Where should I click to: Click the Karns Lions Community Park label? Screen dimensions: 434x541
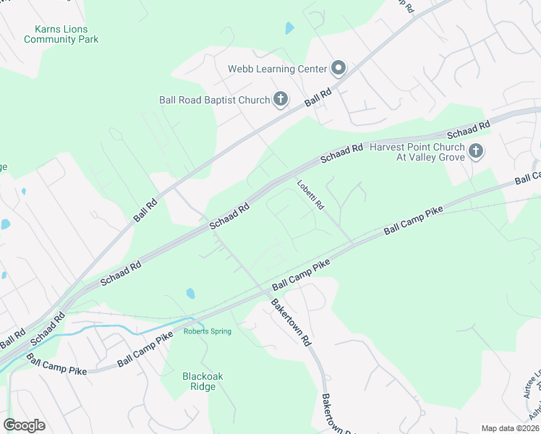click(61, 34)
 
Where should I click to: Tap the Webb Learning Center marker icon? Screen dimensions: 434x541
click(338, 69)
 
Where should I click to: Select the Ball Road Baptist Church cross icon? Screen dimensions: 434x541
click(281, 100)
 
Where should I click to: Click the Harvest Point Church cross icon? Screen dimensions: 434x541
click(475, 151)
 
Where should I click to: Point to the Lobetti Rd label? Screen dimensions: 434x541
click(310, 192)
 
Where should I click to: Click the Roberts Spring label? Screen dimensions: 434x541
click(207, 331)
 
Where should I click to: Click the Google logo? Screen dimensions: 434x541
click(24, 425)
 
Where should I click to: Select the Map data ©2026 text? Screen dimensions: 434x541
click(510, 428)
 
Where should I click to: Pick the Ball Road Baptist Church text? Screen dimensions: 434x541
click(215, 101)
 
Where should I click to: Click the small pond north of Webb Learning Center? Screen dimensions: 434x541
click(290, 28)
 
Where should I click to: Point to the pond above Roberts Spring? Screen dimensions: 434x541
click(189, 294)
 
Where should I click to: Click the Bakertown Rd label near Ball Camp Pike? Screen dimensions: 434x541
click(291, 322)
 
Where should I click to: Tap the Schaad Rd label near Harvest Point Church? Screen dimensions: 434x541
click(469, 130)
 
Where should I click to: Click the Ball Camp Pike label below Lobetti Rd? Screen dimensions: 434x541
click(412, 220)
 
